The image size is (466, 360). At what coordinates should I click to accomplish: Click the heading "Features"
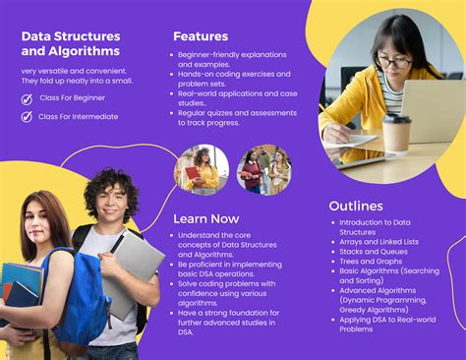click(201, 36)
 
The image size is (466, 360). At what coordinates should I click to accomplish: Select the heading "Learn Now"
click(206, 218)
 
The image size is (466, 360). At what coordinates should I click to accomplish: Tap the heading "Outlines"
click(356, 207)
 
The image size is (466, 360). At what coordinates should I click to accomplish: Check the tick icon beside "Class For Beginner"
click(28, 98)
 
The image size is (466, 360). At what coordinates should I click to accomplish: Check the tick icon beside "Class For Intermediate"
click(28, 116)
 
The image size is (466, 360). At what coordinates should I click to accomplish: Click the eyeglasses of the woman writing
click(394, 62)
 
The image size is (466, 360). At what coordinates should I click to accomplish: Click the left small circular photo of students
click(202, 169)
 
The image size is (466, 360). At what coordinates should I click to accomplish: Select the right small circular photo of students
click(263, 169)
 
